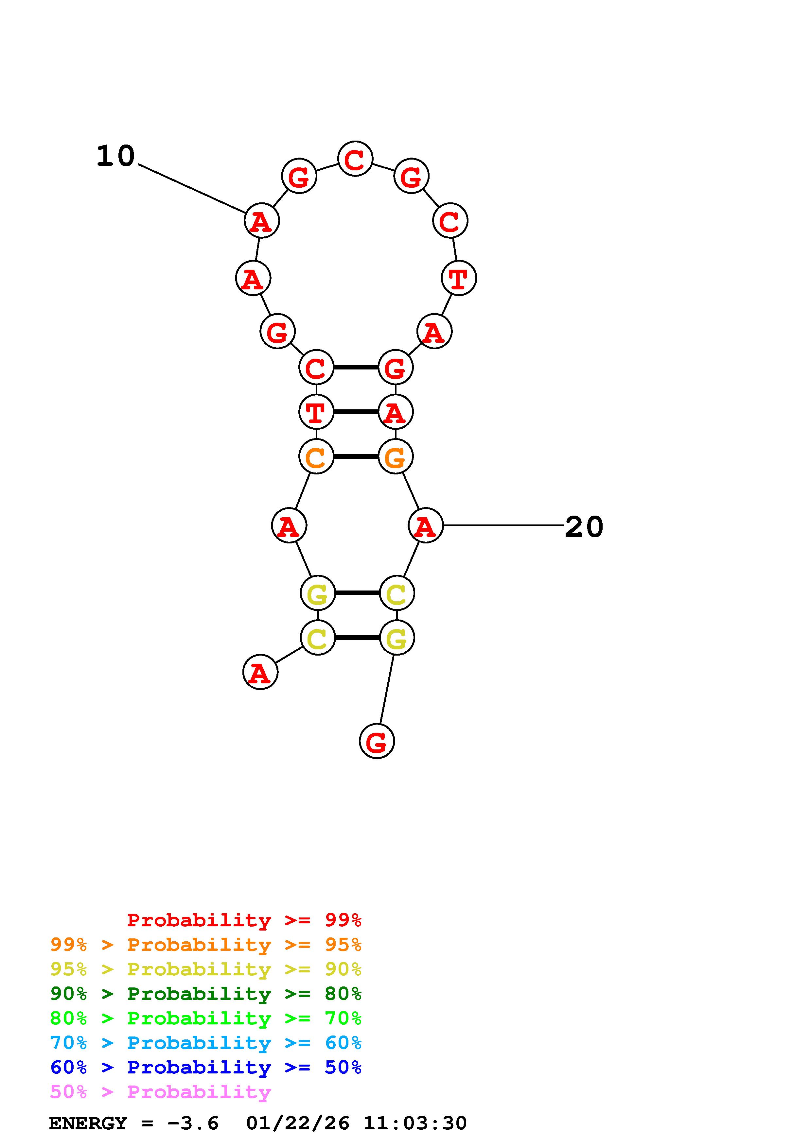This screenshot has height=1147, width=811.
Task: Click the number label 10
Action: pyautogui.click(x=115, y=156)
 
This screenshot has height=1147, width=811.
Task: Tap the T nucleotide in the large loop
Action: pyautogui.click(x=459, y=278)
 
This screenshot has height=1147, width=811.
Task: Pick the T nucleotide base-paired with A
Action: pyautogui.click(x=316, y=412)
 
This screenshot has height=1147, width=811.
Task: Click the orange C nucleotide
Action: pyautogui.click(x=316, y=456)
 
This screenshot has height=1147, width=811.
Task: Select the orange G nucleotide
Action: pyautogui.click(x=395, y=456)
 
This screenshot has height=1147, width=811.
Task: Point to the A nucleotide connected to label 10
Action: pyautogui.click(x=261, y=221)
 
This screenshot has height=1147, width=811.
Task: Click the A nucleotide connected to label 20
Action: pyautogui.click(x=425, y=525)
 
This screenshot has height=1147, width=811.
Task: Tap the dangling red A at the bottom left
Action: pyautogui.click(x=260, y=673)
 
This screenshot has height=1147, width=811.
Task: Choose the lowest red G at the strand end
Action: pyautogui.click(x=377, y=741)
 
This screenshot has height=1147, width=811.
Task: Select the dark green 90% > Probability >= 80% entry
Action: pyautogui.click(x=205, y=994)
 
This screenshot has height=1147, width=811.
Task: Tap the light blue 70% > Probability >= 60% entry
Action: pyautogui.click(x=205, y=1043)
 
